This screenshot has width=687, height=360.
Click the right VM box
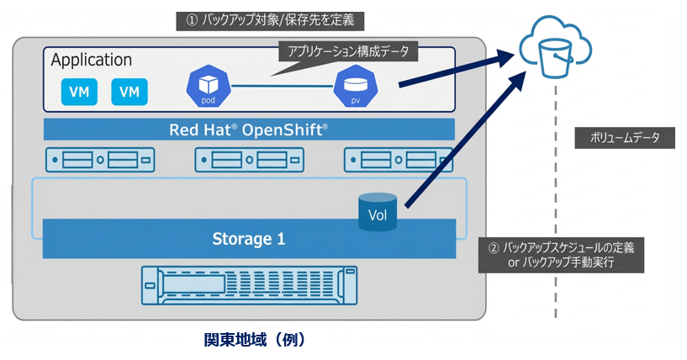[x=129, y=91]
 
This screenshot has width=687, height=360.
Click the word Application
[x=92, y=61]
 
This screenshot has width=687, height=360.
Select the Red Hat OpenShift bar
[x=249, y=130]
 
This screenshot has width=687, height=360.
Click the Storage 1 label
[x=248, y=239]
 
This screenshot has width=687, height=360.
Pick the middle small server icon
[x=249, y=159]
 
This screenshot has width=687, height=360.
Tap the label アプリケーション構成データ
[x=348, y=52]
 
